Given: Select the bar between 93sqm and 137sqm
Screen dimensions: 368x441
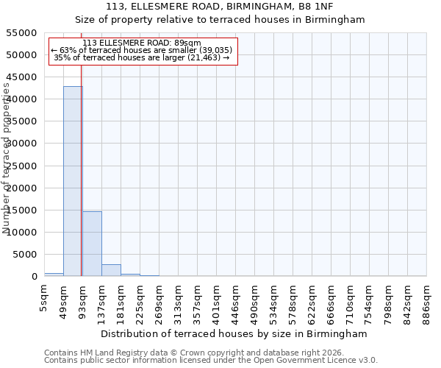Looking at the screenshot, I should (92, 244).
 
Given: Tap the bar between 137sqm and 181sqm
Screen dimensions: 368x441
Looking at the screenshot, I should (111, 270).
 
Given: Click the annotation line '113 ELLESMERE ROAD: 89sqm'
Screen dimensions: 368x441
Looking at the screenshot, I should (142, 43).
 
